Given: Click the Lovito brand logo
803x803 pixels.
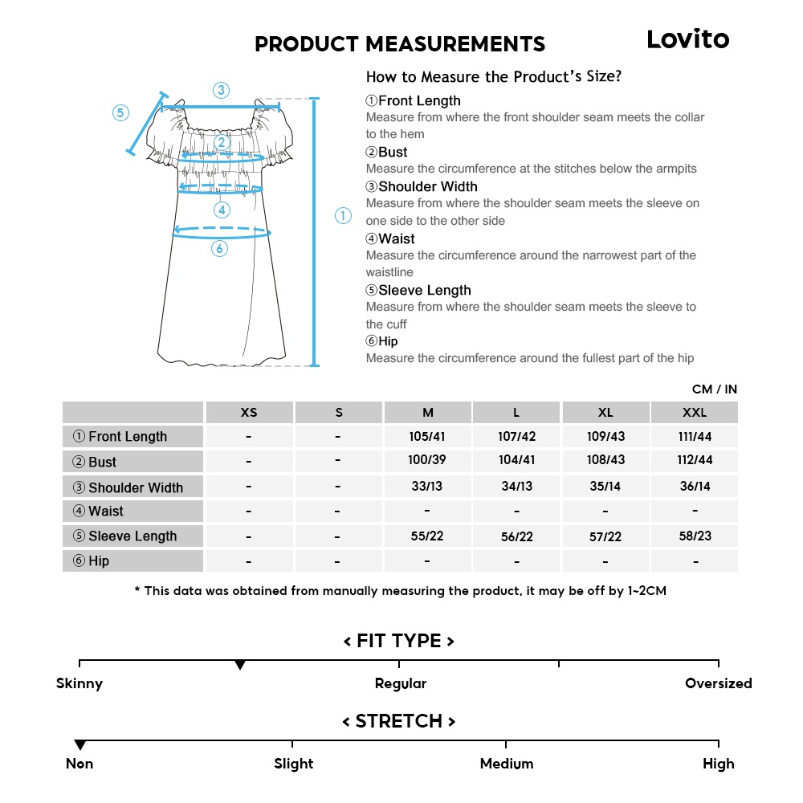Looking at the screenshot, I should tap(688, 39).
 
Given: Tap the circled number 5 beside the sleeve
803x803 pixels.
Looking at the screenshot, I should tap(120, 113).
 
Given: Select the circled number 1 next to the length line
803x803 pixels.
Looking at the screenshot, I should tap(343, 215).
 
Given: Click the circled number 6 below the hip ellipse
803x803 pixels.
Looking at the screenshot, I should tap(220, 249).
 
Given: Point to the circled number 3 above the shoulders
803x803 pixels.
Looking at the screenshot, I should tap(221, 90).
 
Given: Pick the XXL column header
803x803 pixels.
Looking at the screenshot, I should tap(695, 413).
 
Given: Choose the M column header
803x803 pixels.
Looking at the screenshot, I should tap(428, 413).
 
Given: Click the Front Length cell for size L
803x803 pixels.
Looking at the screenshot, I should tap(516, 437).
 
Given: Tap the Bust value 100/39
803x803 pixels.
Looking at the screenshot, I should tap(427, 462).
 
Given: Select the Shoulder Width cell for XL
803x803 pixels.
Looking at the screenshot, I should tap(605, 487).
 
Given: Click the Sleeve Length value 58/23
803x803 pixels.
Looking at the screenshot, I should tap(695, 536).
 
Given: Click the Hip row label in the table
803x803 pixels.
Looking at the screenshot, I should tap(99, 561).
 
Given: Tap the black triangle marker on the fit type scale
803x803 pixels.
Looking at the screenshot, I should tap(239, 666).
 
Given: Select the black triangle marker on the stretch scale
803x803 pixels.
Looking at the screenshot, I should tap(79, 745).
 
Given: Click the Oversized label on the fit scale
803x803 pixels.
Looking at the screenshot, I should tap(718, 683).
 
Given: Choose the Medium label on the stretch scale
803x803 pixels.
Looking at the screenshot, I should tap(507, 764).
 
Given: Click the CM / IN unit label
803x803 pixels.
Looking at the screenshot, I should tap(714, 389).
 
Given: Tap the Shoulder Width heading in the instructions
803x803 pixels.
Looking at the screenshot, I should tap(427, 187).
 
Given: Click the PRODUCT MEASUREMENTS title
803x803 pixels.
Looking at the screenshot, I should tap(400, 44).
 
